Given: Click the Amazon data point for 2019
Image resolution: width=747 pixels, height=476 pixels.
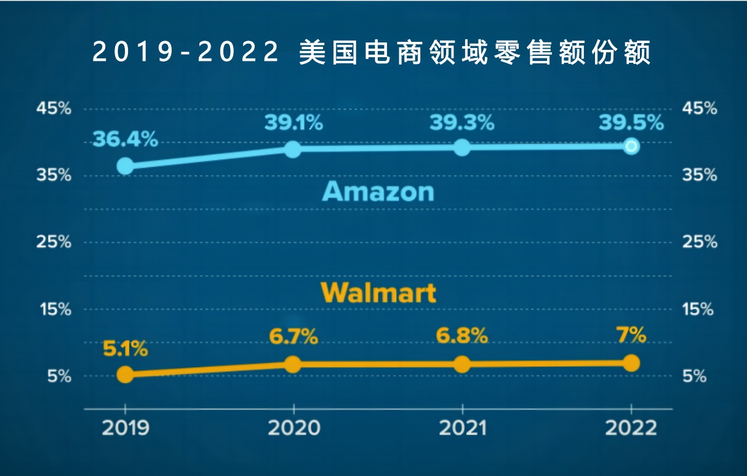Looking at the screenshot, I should [125, 166].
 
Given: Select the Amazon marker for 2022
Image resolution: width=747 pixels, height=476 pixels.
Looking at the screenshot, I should [631, 146].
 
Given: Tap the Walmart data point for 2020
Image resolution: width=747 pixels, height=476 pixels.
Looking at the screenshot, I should [293, 364].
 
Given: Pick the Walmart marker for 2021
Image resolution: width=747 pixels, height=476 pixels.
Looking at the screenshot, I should [462, 364].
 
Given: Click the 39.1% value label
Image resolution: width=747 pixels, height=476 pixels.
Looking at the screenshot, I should [294, 123].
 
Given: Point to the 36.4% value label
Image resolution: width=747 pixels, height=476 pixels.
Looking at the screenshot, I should [125, 140].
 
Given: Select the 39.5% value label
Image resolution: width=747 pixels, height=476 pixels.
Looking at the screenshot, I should [631, 123].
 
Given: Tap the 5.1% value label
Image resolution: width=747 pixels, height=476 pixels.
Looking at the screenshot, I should [125, 349].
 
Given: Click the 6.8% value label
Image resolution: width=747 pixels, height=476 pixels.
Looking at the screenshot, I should [462, 336].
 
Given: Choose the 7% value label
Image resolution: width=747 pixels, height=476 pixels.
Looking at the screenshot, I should [631, 336].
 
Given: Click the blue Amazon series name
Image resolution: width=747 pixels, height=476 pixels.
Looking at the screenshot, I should [378, 192].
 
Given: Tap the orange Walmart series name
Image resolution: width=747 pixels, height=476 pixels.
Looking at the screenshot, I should [378, 292].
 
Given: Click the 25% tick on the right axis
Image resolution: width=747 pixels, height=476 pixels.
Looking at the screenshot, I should [700, 242].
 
